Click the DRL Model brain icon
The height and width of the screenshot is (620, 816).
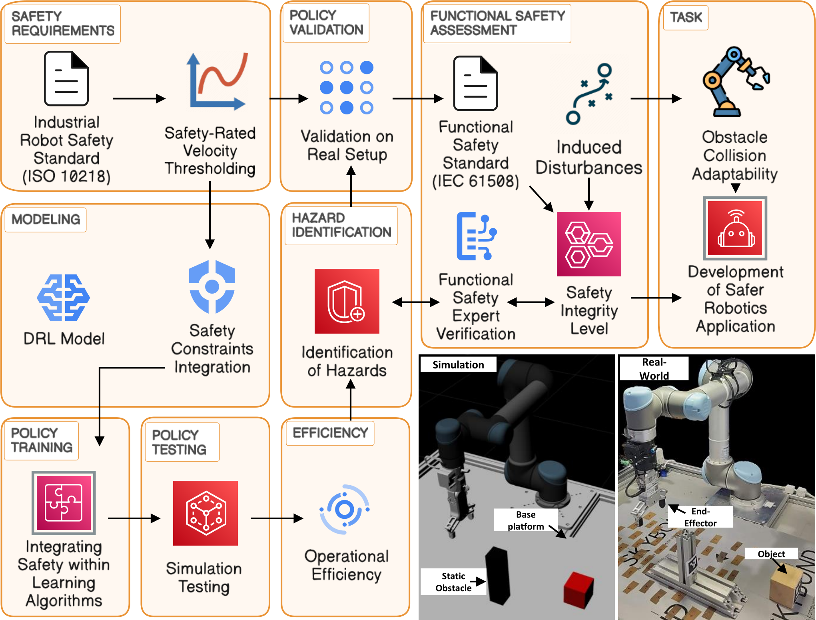(63, 298)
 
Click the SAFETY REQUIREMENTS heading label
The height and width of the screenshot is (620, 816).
(63, 24)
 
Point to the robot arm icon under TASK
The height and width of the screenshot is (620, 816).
(735, 82)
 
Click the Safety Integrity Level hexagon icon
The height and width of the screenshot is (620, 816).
(589, 244)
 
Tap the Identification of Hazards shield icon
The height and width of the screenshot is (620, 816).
(347, 301)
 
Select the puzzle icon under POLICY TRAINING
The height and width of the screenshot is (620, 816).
(64, 502)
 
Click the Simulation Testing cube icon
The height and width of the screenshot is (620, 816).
(205, 513)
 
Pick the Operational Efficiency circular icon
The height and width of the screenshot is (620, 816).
(345, 509)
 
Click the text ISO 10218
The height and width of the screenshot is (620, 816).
(66, 176)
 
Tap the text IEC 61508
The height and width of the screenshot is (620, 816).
(475, 181)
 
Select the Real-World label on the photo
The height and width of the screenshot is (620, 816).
(654, 368)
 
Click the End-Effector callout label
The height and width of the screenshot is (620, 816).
(700, 517)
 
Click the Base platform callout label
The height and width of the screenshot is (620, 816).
(525, 520)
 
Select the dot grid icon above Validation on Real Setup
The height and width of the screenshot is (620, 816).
(346, 88)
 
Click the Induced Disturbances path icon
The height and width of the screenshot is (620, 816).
(589, 94)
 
